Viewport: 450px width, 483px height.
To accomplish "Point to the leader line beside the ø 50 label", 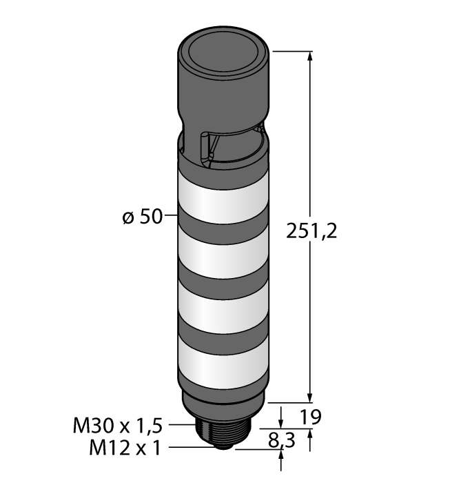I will (171, 217).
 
